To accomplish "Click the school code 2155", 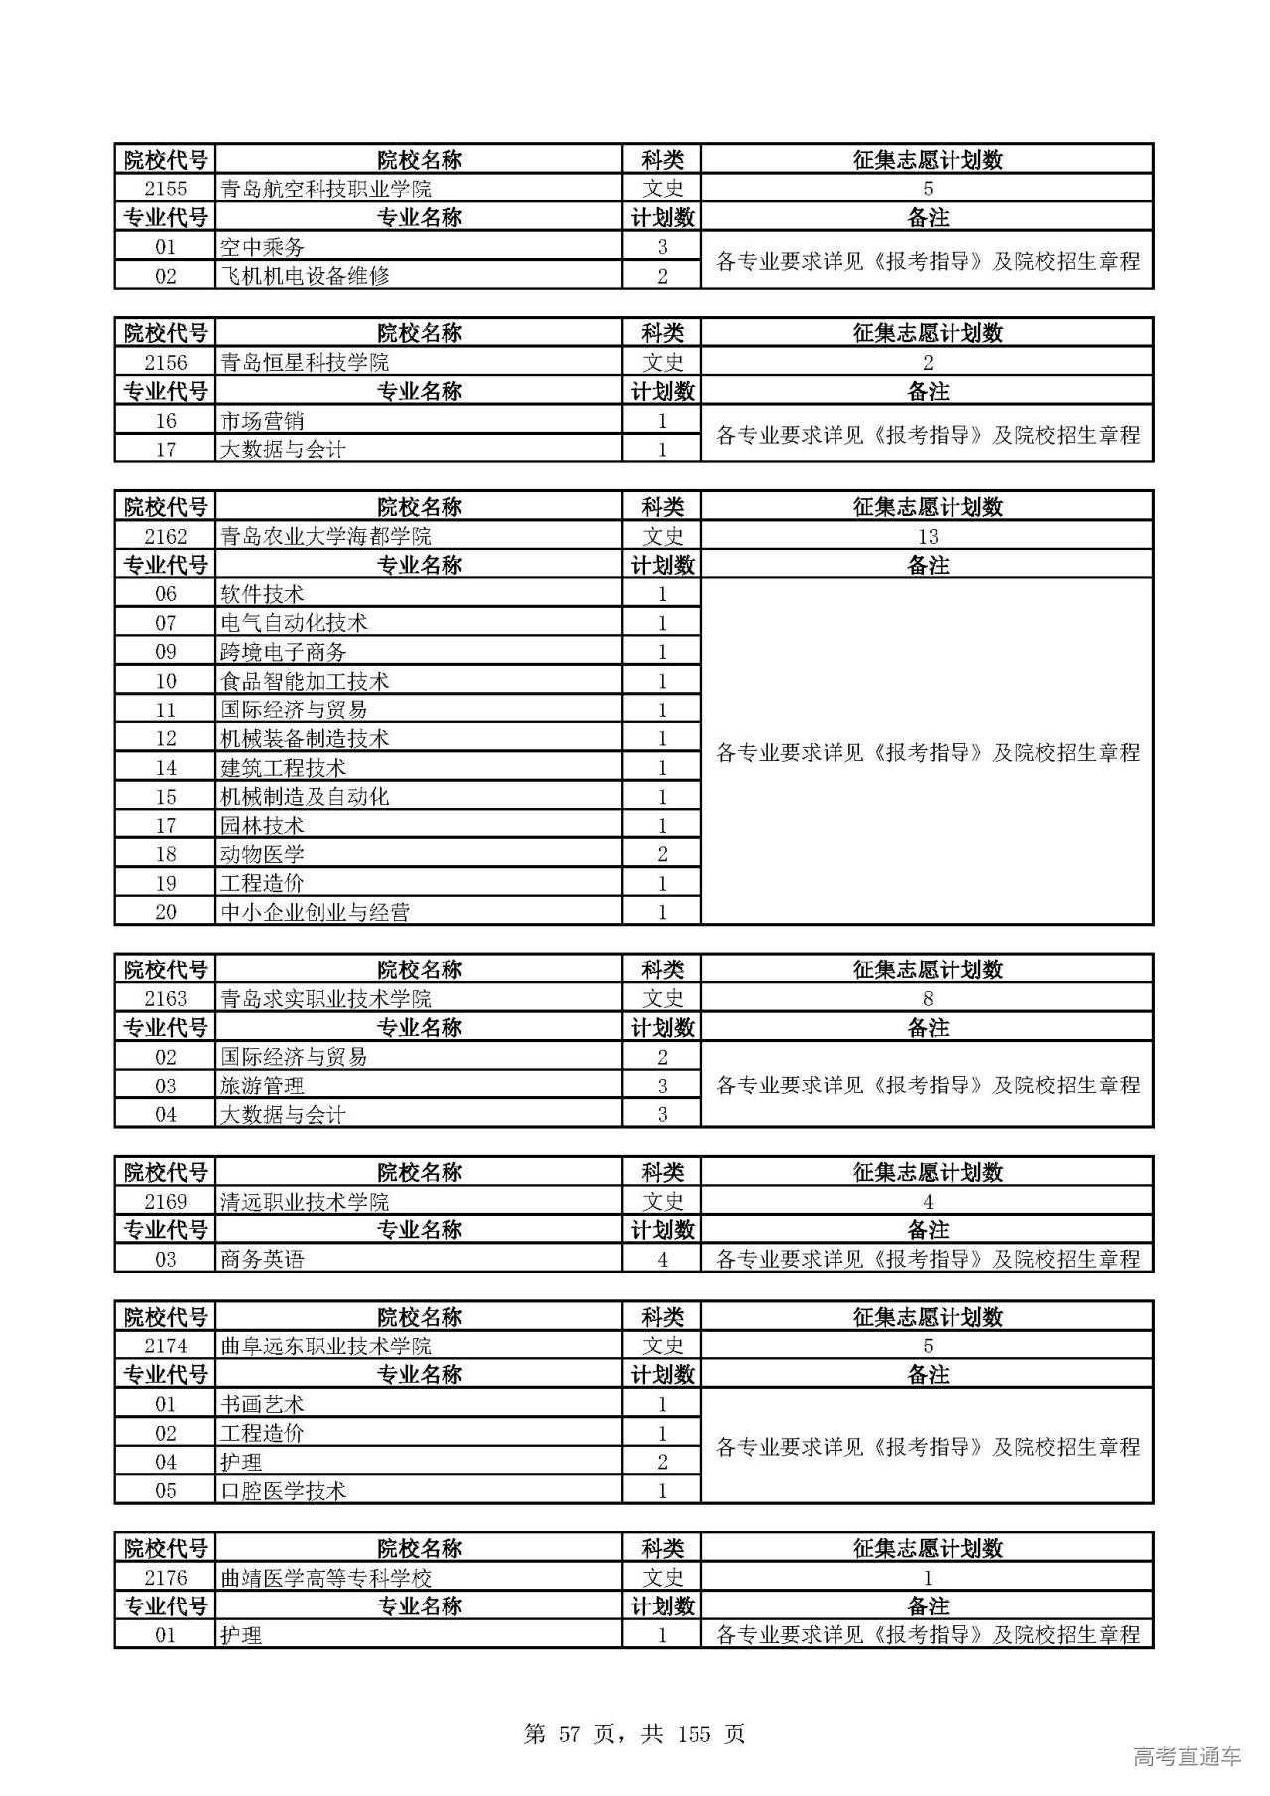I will (165, 189).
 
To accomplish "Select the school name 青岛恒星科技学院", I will (305, 362).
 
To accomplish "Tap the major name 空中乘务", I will (262, 247).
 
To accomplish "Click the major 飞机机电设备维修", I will (305, 276).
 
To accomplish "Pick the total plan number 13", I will (927, 536).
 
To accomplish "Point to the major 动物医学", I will (262, 854).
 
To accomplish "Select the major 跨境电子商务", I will (284, 652).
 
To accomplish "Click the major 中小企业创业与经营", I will (315, 912).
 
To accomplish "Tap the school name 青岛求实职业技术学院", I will (325, 998).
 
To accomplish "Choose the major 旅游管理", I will (262, 1086).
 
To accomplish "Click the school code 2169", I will (165, 1202).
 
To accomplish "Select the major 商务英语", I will (262, 1259).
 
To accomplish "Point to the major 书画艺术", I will (262, 1404).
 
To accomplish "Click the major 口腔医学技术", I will (284, 1490).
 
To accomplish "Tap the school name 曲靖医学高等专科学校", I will (325, 1578).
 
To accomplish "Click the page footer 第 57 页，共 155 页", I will (634, 1733).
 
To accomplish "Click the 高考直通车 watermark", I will (1187, 1756).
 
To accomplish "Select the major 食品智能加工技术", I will (305, 681).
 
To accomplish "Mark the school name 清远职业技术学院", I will (305, 1202).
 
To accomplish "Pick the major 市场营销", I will (262, 421).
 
